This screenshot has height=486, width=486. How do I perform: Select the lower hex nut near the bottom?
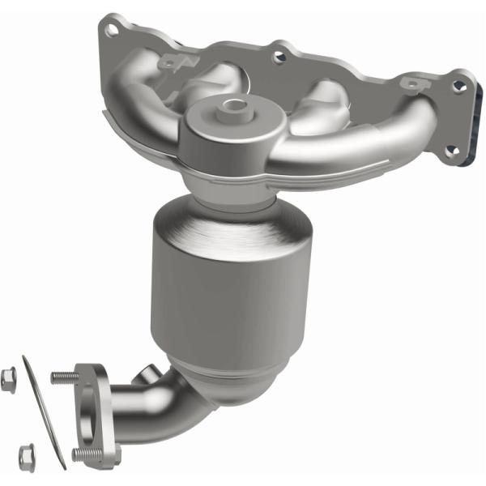tap(26, 453)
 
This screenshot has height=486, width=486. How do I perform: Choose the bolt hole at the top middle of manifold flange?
tap(280, 57)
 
